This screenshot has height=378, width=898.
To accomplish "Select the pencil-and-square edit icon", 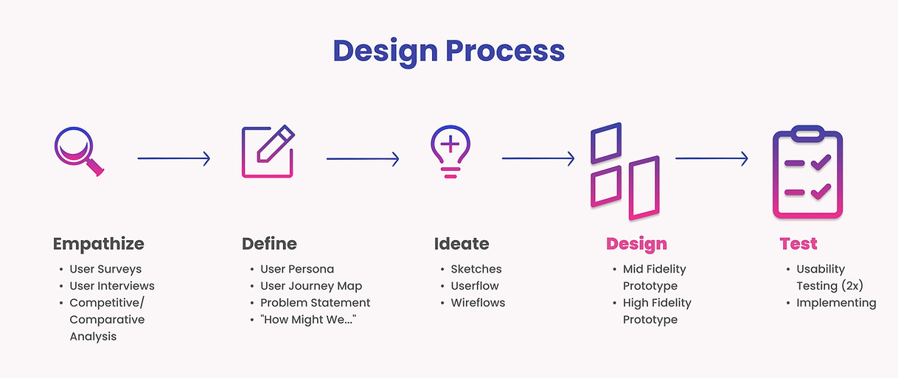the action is click(268, 151).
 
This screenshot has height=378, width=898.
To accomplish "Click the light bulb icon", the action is click(450, 152).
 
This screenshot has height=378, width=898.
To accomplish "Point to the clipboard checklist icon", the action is click(807, 172).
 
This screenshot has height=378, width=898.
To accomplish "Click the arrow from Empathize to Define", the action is click(173, 158).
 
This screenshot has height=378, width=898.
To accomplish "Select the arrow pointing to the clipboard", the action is click(711, 158).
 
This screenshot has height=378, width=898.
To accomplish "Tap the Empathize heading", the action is click(99, 244).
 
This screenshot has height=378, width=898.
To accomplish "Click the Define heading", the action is click(269, 244).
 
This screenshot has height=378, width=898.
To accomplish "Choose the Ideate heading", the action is click(462, 244).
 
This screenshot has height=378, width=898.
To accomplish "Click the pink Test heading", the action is click(798, 244).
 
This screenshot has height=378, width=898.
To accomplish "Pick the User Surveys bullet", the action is click(105, 270).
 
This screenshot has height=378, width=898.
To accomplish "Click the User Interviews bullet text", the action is click(112, 286).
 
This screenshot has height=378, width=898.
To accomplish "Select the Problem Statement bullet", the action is click(315, 303).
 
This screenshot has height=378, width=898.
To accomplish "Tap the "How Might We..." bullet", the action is click(308, 320).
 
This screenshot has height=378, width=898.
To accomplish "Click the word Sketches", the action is click(476, 269).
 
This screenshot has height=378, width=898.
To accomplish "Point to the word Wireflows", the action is click(478, 303).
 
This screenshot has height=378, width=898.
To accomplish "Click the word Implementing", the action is click(836, 303).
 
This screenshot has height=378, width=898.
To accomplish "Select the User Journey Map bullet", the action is click(311, 286).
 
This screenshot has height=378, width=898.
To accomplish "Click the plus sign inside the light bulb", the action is click(450, 144).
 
